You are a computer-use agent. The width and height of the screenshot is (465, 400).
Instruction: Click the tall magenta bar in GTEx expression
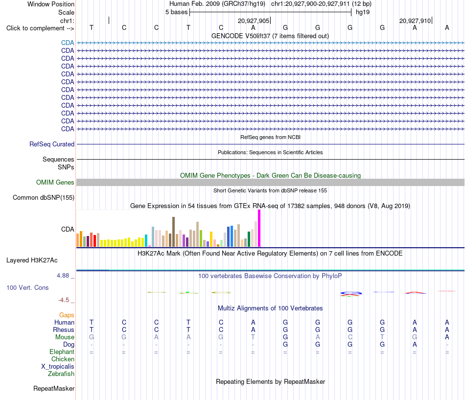(259, 228)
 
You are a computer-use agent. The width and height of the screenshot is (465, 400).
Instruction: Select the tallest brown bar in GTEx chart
(173, 232)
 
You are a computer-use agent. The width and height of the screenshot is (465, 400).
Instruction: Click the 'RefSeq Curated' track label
(52, 144)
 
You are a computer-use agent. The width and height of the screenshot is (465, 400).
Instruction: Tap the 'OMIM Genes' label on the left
(55, 183)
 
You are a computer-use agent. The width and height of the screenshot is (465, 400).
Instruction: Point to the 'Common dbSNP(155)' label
(44, 198)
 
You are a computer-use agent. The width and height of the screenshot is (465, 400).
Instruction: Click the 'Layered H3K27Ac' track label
(32, 260)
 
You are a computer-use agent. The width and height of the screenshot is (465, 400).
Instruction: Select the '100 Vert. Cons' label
(27, 287)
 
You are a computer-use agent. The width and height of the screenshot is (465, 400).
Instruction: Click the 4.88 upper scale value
(63, 276)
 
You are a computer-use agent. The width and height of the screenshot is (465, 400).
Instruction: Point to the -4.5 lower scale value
(64, 300)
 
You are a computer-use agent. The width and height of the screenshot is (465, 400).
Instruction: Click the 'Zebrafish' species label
(61, 374)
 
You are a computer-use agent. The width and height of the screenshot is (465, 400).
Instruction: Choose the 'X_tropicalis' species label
(58, 367)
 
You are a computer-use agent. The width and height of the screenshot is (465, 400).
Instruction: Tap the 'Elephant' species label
(62, 352)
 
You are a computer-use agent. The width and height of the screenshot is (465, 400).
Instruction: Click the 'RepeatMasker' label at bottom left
(54, 388)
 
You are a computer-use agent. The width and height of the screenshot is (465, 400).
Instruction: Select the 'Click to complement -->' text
(40, 28)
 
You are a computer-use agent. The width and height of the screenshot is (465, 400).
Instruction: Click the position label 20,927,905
(254, 21)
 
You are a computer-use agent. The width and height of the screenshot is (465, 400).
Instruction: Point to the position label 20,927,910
(415, 21)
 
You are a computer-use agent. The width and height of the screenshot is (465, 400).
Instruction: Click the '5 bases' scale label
(176, 12)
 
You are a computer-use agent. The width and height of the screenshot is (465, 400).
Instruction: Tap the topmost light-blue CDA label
(68, 43)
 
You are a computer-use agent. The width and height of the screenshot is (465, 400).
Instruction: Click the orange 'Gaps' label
(67, 315)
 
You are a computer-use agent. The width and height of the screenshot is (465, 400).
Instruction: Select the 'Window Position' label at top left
(51, 4)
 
